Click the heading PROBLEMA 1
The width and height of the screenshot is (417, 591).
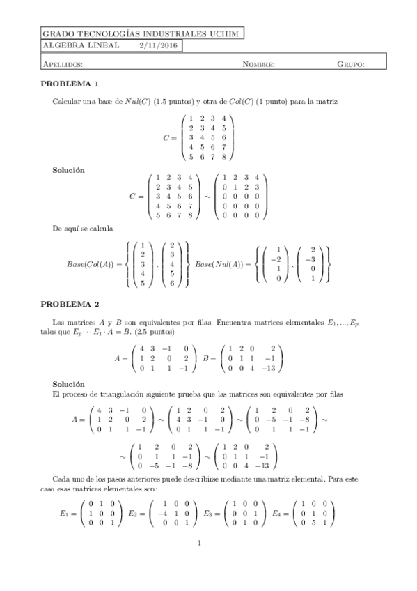(74, 84)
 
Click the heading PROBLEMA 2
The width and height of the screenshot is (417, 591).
(74, 304)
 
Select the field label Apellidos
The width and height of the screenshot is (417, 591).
(63, 64)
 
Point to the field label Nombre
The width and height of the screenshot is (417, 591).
(258, 64)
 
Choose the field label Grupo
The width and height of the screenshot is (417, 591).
(351, 64)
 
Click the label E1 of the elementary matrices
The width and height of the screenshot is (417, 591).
(65, 512)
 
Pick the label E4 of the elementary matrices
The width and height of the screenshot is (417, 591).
(278, 512)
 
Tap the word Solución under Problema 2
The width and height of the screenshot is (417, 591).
(69, 384)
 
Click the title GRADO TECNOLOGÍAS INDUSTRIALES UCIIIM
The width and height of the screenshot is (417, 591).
(142, 33)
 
